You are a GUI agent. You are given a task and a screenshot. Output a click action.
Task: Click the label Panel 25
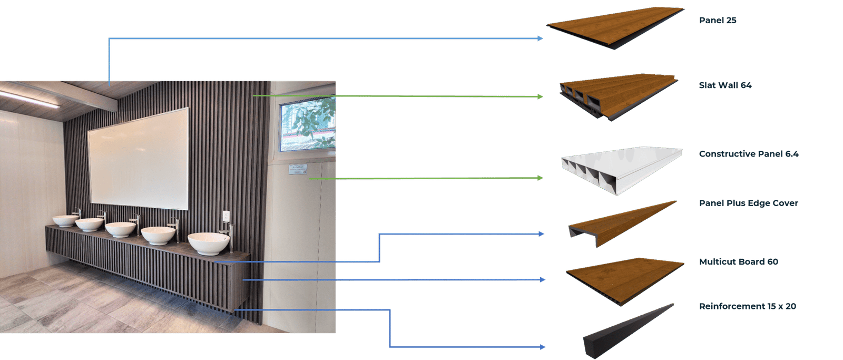pos(717,21)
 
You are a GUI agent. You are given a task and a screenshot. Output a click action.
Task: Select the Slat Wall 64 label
pos(725,85)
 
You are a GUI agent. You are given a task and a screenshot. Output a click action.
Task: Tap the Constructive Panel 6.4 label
pos(748,154)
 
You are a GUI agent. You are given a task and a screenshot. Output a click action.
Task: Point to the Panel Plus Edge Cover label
pos(748,203)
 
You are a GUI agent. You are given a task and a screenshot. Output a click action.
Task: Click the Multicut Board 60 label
pos(738,262)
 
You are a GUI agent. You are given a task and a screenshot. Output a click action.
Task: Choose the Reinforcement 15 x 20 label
pos(747,307)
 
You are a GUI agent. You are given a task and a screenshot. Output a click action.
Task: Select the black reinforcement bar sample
pos(627,327)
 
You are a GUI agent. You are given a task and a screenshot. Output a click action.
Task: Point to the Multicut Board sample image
pos(624,277)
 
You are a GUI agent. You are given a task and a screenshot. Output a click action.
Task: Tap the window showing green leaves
pos(307,125)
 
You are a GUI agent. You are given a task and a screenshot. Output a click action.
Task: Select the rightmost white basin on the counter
pos(209,243)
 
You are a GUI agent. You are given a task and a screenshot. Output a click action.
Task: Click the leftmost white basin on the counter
pos(65,220)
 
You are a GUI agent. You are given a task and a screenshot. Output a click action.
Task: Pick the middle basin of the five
pos(120,229)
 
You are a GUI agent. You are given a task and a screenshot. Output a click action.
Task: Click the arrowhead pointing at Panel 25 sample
pos(540,38)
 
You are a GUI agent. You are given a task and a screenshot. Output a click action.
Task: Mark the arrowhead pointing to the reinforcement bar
pos(542,347)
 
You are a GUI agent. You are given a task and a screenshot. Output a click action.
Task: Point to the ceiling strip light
pos(29,99)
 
